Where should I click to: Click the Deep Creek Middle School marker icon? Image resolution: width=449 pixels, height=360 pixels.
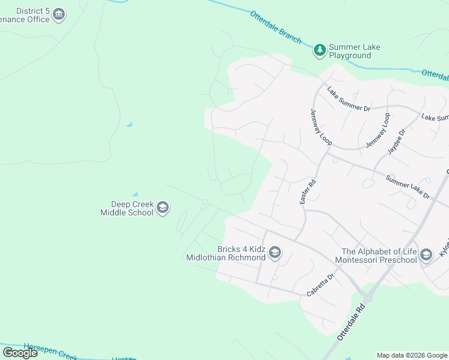click(162, 208)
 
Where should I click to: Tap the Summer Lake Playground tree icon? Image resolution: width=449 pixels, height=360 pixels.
click(320, 50)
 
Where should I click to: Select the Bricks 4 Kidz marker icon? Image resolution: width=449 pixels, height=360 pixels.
click(275, 253)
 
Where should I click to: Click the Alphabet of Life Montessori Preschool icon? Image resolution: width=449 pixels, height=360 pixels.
click(426, 255)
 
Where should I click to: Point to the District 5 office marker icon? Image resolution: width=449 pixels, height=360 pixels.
click(59, 14)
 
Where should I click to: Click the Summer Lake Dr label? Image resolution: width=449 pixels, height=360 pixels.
click(408, 187)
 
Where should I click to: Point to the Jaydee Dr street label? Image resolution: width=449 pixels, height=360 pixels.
click(397, 142)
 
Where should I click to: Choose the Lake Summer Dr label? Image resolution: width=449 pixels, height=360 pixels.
click(348, 100)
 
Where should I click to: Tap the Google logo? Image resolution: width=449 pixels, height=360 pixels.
click(20, 353)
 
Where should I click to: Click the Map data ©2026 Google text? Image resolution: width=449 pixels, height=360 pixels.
click(412, 355)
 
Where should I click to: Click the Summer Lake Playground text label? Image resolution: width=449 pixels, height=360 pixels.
click(355, 51)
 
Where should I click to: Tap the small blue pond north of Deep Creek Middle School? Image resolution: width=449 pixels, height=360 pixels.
click(134, 194)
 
